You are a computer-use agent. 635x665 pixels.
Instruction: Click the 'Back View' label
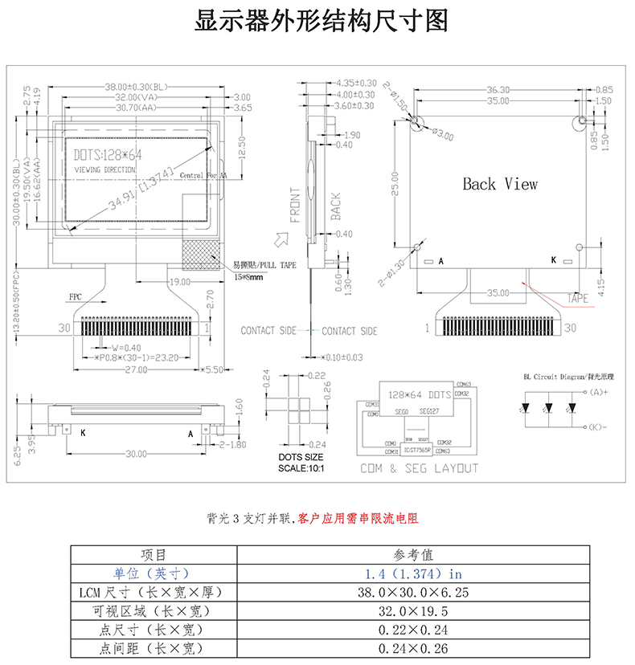[499, 184]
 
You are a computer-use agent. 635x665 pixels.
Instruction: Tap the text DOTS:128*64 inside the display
[108, 155]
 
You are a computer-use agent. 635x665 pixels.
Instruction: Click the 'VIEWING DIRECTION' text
[105, 171]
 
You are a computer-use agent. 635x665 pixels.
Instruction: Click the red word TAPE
[578, 299]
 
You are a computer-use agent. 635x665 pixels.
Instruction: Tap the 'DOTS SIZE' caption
[301, 457]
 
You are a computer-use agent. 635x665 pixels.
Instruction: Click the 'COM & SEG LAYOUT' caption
[419, 468]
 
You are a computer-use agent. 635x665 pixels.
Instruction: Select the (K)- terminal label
[597, 426]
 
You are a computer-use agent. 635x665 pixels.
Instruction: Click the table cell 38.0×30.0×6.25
[413, 593]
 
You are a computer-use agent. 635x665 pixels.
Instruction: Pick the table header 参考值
[413, 555]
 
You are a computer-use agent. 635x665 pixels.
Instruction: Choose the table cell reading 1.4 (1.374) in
[413, 573]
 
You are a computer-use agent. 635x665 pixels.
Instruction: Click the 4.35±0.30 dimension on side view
[356, 83]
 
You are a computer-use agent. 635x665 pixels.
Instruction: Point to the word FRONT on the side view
[295, 205]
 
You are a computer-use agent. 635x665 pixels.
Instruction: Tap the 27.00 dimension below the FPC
[137, 370]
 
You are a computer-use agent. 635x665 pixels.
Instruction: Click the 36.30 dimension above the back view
[498, 89]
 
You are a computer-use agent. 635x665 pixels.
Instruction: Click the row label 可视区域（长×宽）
[153, 611]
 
